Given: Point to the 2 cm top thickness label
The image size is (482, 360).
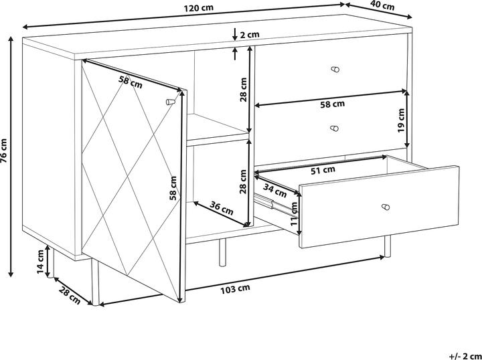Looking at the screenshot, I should (x=249, y=34).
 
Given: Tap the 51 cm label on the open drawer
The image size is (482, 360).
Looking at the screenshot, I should (x=325, y=170).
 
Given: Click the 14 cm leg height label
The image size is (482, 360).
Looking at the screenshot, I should (x=41, y=261).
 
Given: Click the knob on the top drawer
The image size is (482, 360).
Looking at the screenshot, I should (x=336, y=69).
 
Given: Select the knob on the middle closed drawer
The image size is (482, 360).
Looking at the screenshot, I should (x=335, y=127).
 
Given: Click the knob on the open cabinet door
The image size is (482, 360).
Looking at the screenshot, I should (x=169, y=102).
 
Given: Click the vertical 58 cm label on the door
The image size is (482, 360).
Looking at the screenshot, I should (x=173, y=188).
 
